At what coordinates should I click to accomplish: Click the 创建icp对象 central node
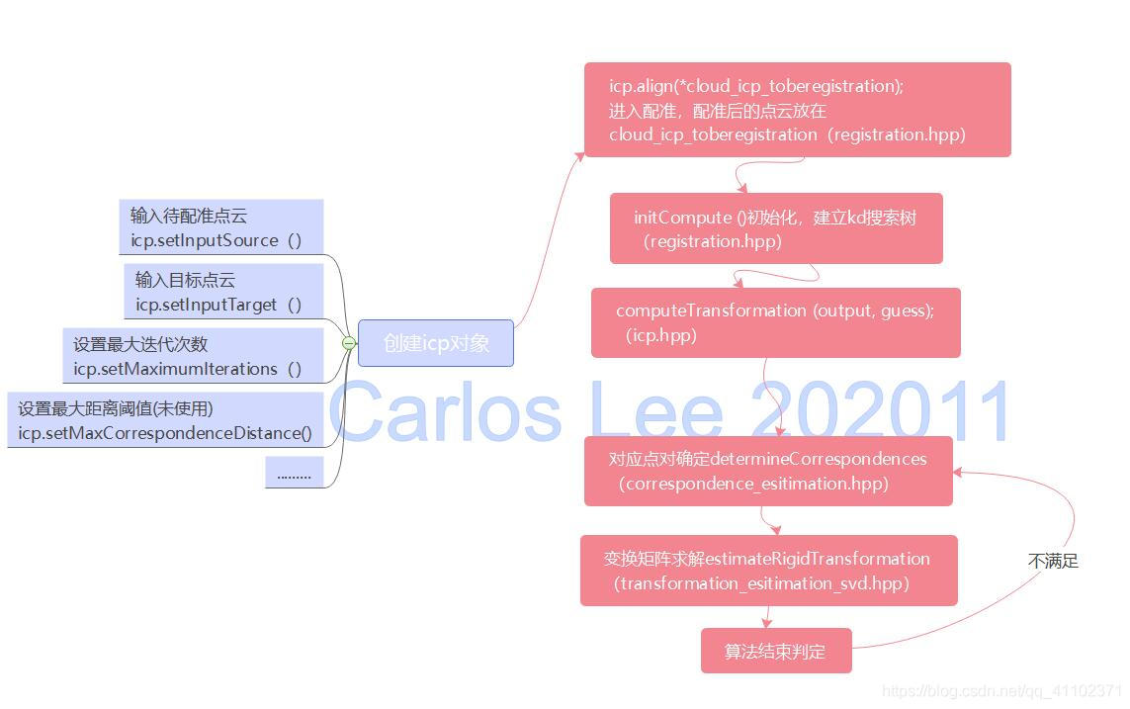click(x=435, y=343)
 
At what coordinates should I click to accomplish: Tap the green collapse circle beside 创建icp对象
click(x=348, y=343)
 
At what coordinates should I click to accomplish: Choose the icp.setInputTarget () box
click(x=223, y=292)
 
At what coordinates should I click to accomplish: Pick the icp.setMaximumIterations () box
click(x=193, y=356)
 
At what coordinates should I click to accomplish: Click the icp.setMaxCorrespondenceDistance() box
click(x=165, y=420)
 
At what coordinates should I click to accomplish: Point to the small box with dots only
click(x=294, y=474)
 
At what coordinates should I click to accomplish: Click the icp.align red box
click(x=797, y=110)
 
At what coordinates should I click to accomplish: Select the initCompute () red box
click(x=775, y=228)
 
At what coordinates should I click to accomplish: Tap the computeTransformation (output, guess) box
click(x=775, y=322)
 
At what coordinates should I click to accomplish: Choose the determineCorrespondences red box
click(x=767, y=471)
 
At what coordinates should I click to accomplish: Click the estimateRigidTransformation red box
click(x=768, y=571)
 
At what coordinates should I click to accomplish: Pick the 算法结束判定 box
click(x=775, y=651)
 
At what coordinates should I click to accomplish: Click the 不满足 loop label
click(x=1053, y=561)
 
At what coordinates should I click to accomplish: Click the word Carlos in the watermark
click(x=445, y=410)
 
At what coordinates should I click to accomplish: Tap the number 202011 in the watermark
click(x=880, y=410)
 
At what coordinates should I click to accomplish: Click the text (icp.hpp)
click(x=661, y=335)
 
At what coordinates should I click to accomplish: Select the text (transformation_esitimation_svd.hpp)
click(x=761, y=583)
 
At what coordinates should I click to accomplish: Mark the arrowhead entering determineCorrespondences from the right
click(x=958, y=472)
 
